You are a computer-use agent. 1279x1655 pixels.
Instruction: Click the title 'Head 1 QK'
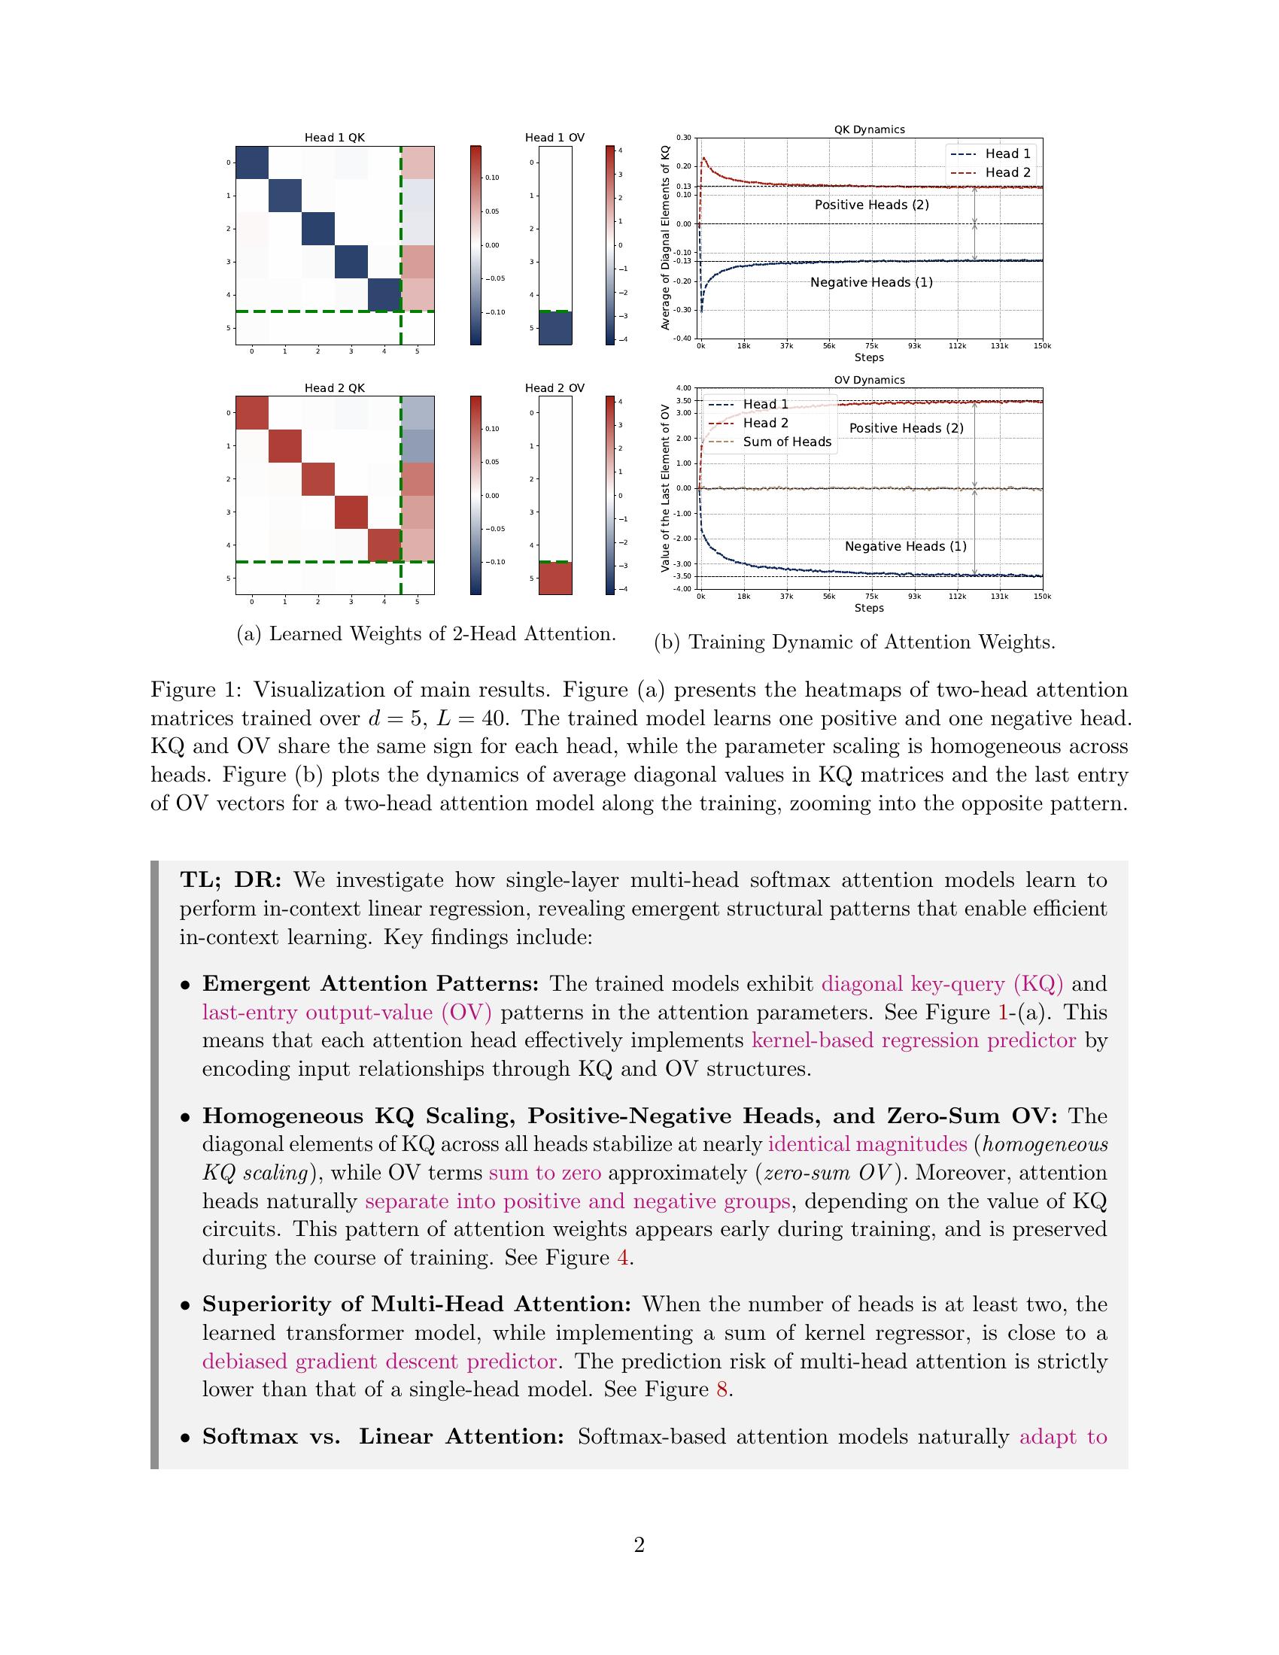click(x=334, y=137)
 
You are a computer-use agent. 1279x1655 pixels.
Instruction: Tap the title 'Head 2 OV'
click(x=554, y=388)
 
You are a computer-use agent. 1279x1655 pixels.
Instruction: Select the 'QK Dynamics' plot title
click(x=869, y=129)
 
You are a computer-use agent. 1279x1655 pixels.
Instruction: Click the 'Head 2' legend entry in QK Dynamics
click(x=1007, y=173)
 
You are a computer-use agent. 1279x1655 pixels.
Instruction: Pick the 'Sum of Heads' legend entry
click(x=786, y=442)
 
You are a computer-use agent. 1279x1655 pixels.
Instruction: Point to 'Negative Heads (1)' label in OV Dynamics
click(x=905, y=546)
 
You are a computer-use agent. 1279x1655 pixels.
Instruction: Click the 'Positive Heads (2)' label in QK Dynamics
click(x=871, y=205)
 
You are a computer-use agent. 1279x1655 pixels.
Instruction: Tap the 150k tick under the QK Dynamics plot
click(x=1042, y=346)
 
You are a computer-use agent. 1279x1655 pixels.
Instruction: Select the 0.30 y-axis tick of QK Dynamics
click(x=683, y=138)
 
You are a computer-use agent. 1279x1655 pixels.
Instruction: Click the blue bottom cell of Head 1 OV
click(x=555, y=328)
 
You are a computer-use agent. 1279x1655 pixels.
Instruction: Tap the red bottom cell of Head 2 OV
click(x=555, y=578)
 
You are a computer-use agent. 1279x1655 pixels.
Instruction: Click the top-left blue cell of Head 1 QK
click(x=252, y=162)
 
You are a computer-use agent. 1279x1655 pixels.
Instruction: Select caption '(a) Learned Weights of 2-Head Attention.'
click(x=426, y=633)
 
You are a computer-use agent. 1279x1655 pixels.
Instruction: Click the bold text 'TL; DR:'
click(x=230, y=880)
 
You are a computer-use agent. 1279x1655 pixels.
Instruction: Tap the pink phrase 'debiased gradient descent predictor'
click(x=380, y=1361)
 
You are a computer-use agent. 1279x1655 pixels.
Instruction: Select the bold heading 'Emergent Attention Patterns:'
click(x=369, y=984)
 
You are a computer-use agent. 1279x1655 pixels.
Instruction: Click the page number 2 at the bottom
click(x=639, y=1545)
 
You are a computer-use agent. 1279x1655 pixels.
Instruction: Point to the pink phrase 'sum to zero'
click(x=545, y=1173)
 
